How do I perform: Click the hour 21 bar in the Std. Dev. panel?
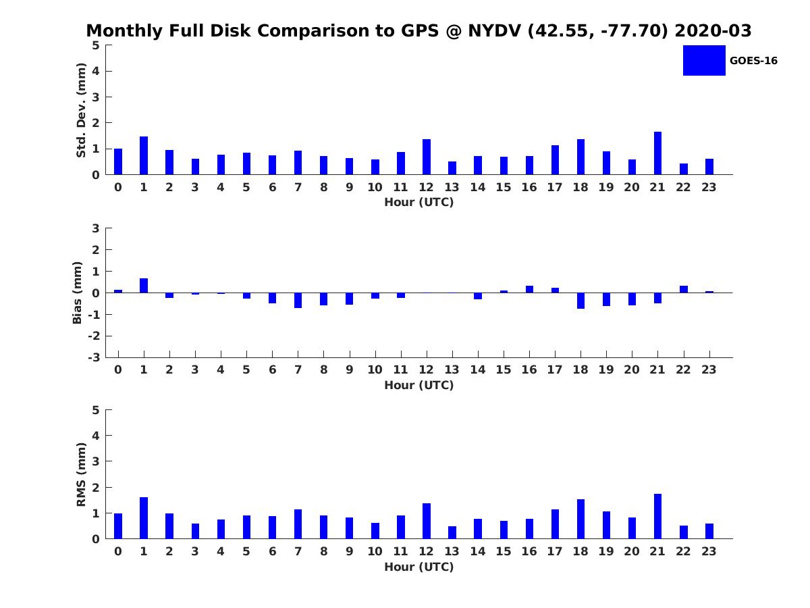(x=657, y=153)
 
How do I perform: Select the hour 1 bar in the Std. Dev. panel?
(x=144, y=155)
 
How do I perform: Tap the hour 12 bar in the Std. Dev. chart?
(x=426, y=157)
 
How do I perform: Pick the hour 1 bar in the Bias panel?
(x=144, y=285)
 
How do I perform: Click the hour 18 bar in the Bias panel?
(x=580, y=301)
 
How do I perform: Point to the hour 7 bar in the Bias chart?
(x=298, y=300)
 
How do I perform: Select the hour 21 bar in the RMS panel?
(x=657, y=516)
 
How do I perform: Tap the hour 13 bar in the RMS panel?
(x=452, y=532)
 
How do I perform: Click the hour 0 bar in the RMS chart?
(x=118, y=526)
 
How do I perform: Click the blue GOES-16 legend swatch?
(x=704, y=61)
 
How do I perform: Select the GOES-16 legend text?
(x=753, y=61)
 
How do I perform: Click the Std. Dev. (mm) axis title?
(x=81, y=110)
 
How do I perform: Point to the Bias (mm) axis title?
(x=77, y=293)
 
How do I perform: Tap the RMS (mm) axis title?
(x=81, y=474)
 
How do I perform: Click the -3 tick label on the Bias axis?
(x=94, y=357)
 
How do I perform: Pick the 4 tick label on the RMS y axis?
(x=96, y=436)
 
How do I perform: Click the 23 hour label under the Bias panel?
(x=709, y=370)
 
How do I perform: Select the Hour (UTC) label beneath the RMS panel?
(x=419, y=567)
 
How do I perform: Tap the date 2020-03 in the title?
(x=713, y=30)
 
